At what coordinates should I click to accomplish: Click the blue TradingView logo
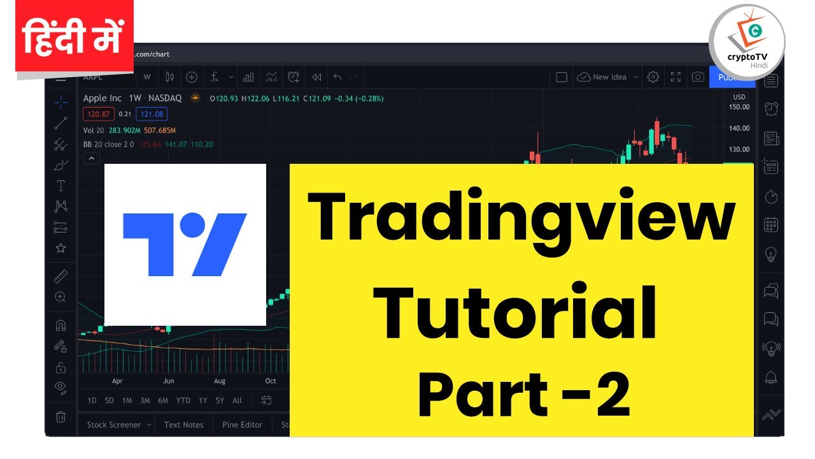[185, 245]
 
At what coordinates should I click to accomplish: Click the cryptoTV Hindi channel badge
[747, 42]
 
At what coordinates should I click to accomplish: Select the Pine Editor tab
[242, 425]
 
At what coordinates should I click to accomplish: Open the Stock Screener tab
[114, 425]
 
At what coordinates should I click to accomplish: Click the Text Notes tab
[183, 425]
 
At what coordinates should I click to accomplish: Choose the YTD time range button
[183, 400]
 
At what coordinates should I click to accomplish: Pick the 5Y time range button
[220, 400]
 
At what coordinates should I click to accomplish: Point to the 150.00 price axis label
[739, 107]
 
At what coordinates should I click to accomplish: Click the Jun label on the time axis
[168, 381]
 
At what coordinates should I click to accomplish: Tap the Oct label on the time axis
[271, 381]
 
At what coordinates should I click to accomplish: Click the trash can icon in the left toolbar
[60, 417]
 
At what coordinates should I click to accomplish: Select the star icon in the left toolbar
[60, 248]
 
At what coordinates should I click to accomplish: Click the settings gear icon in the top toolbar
[653, 77]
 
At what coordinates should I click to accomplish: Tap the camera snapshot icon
[698, 77]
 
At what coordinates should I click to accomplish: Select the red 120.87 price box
[99, 115]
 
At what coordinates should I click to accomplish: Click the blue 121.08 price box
[152, 115]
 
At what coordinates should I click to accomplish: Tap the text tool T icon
[60, 186]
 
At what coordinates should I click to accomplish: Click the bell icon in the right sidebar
[771, 376]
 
